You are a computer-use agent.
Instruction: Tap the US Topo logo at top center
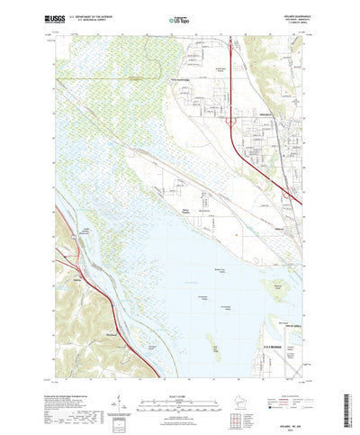click(179, 18)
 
